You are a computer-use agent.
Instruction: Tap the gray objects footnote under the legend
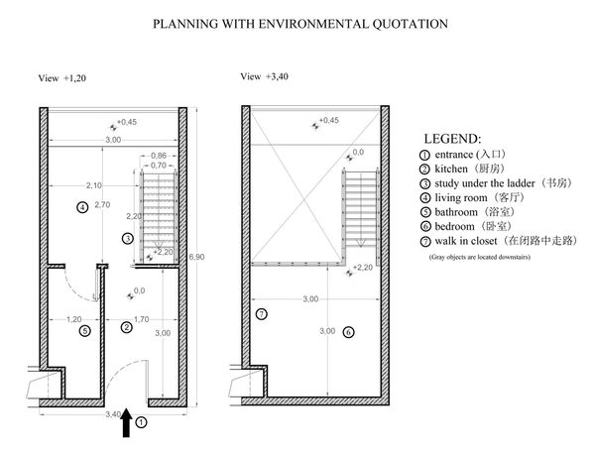pyautogui.click(x=478, y=257)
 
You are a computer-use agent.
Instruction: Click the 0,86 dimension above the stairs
pyautogui.click(x=159, y=156)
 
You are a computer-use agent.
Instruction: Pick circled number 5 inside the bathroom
pyautogui.click(x=85, y=331)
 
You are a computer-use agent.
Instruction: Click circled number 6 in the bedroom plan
pyautogui.click(x=347, y=331)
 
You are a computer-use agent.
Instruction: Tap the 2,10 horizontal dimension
pyautogui.click(x=95, y=185)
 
